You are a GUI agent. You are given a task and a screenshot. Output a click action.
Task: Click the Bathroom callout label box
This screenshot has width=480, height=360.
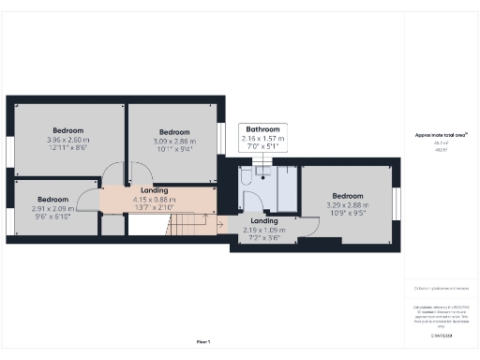[263, 138]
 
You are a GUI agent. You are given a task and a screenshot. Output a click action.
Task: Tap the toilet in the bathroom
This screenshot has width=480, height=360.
[246, 175]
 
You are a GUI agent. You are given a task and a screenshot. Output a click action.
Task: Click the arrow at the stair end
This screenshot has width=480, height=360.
[218, 224]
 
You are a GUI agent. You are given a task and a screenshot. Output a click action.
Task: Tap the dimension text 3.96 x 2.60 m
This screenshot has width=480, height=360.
[67, 140]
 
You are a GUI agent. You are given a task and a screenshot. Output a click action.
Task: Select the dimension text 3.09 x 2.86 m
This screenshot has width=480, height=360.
[174, 141]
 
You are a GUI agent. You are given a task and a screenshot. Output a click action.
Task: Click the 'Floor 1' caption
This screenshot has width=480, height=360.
[203, 341]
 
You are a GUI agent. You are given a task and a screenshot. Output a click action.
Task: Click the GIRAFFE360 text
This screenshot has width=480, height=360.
[441, 335]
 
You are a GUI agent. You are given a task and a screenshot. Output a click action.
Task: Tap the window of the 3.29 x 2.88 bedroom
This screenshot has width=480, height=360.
[397, 202]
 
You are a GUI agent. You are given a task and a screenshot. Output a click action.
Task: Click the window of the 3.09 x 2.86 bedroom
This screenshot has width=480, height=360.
[221, 139]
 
